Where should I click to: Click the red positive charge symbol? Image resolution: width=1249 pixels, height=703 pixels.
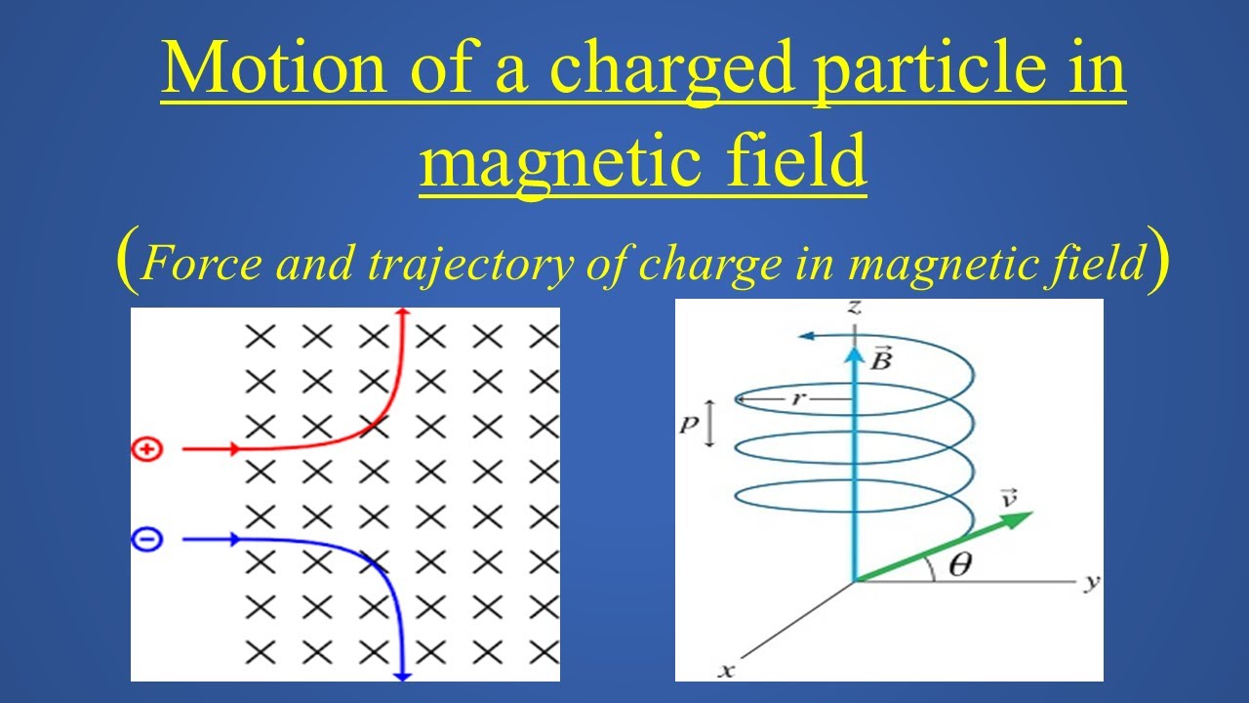tap(146, 450)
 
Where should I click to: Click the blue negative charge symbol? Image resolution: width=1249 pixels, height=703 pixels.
tap(146, 539)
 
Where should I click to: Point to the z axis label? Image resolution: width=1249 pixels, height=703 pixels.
tap(854, 308)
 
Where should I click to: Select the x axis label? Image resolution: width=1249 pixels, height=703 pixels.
tap(725, 671)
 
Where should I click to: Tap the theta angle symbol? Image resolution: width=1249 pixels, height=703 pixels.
tap(959, 565)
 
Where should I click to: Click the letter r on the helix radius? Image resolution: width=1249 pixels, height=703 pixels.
tap(805, 398)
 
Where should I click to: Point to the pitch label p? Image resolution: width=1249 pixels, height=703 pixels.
tap(690, 427)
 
